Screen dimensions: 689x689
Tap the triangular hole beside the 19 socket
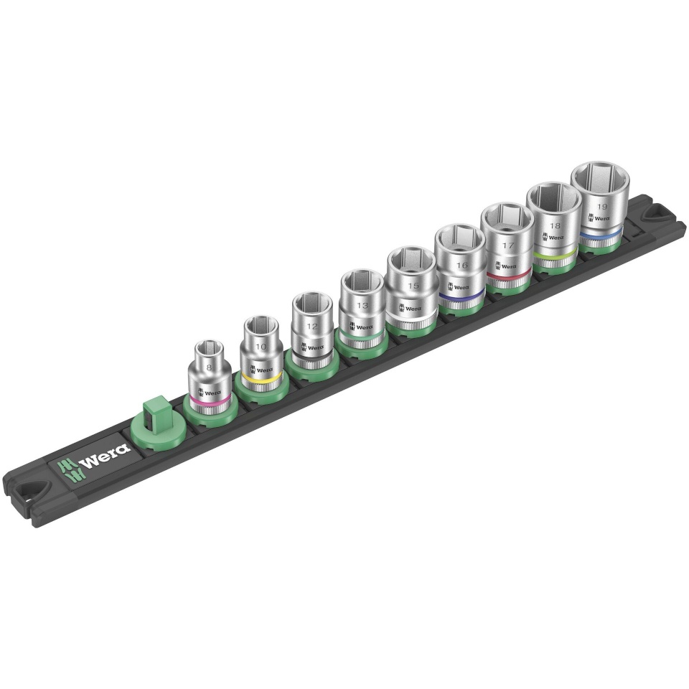[x=657, y=214]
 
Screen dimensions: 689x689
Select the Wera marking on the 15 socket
[x=413, y=309]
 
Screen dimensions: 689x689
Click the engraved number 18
[x=553, y=225]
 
